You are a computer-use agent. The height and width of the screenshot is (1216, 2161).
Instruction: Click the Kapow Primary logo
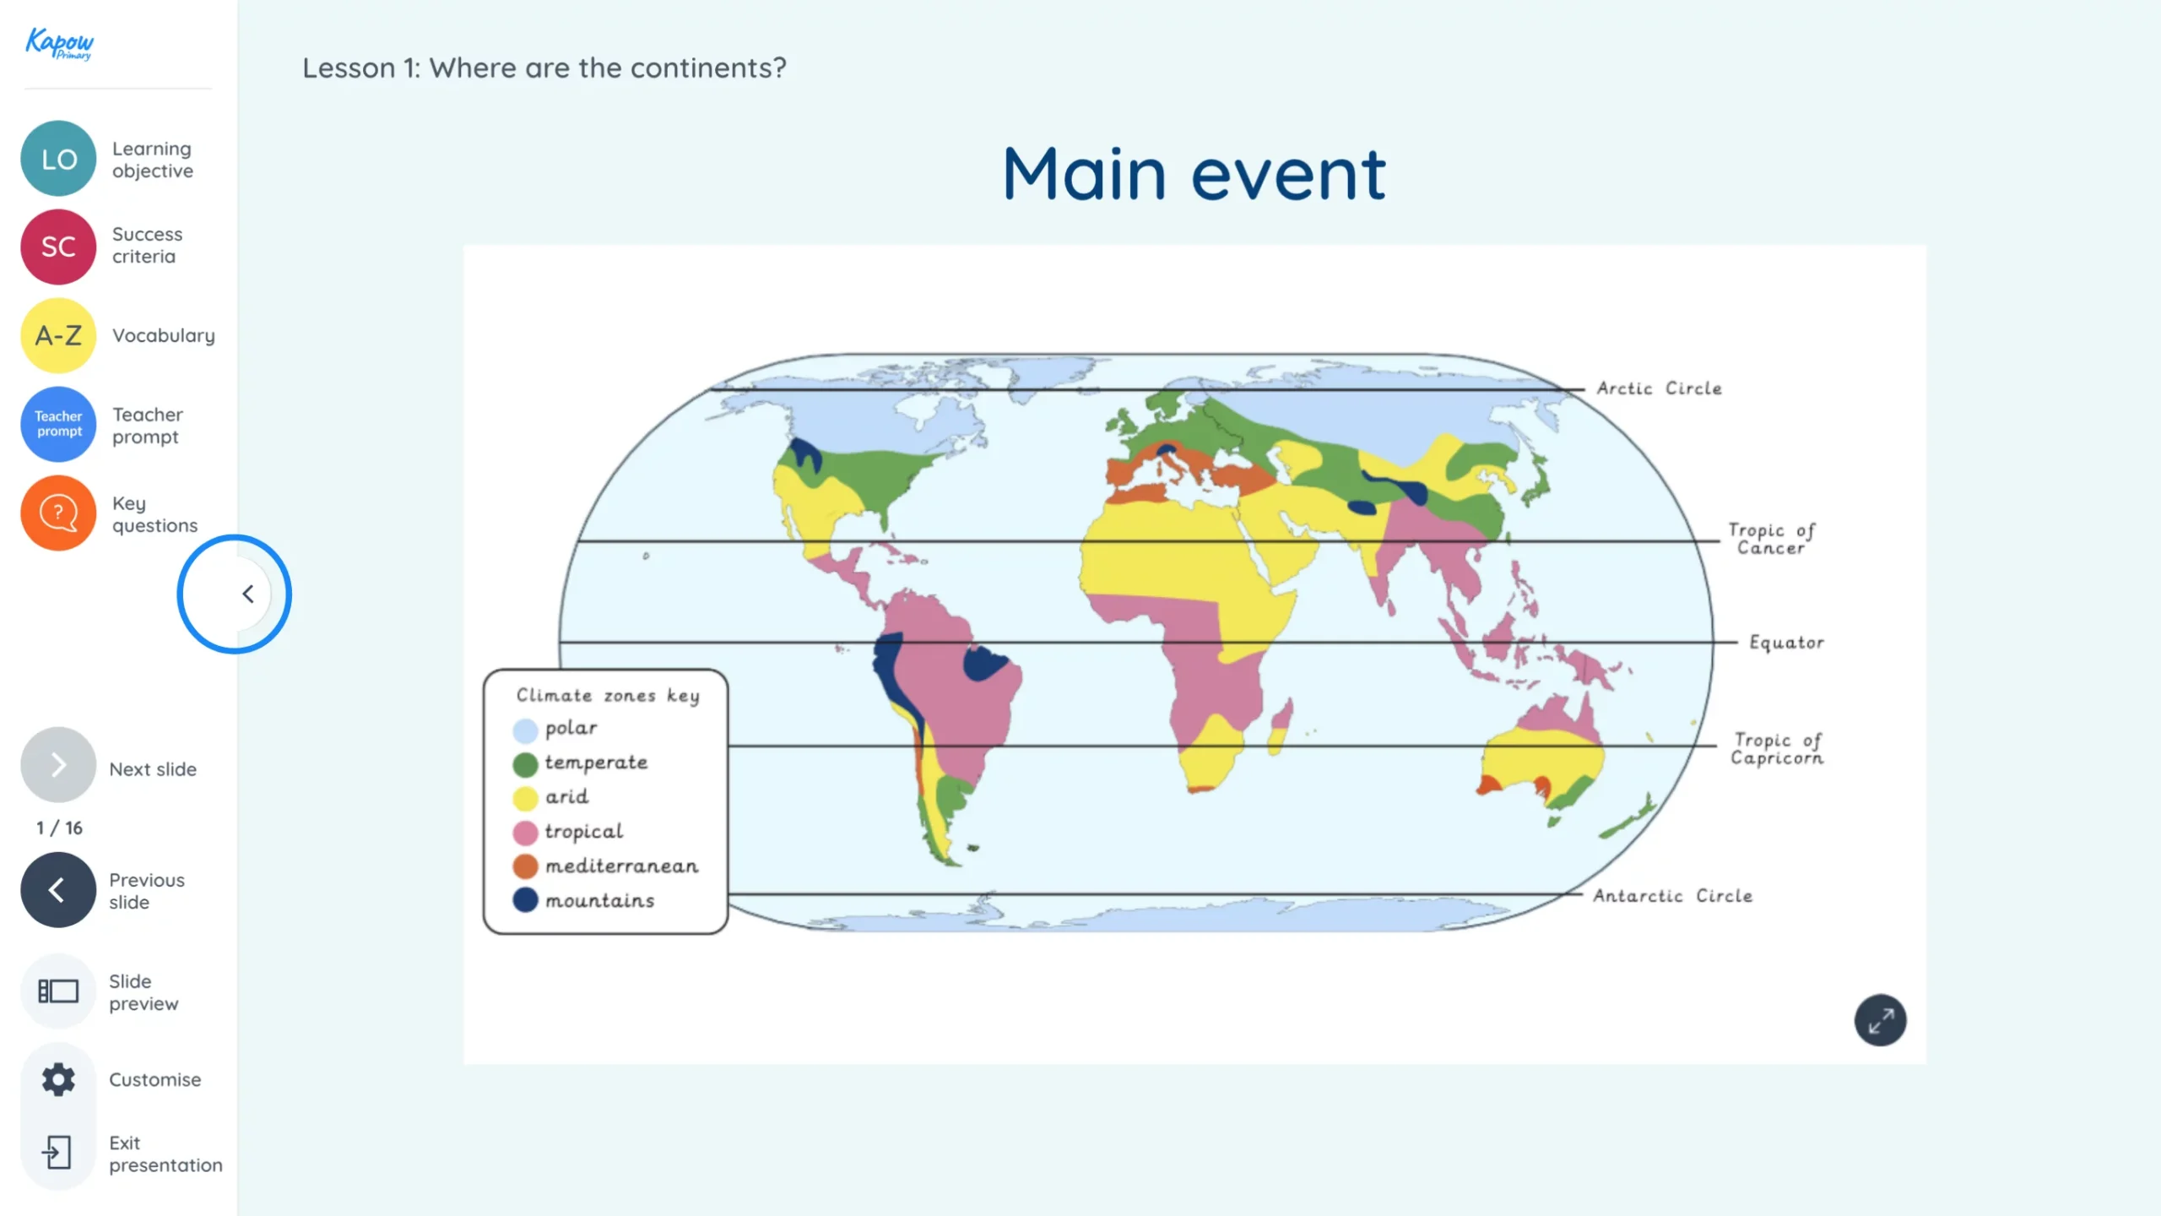point(59,43)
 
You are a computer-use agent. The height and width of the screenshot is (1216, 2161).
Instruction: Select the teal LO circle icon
point(58,159)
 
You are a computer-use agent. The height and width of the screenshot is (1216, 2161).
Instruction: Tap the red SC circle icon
point(58,247)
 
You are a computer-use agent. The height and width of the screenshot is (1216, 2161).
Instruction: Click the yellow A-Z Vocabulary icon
point(58,335)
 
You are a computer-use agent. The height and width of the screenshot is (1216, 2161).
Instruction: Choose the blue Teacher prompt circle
point(58,424)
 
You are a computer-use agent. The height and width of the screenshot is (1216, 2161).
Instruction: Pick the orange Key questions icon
point(58,513)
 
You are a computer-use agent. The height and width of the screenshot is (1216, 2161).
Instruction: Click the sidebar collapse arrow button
point(247,594)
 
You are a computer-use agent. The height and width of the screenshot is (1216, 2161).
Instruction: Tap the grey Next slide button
point(58,765)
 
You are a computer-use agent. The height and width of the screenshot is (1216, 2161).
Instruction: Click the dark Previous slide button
point(58,890)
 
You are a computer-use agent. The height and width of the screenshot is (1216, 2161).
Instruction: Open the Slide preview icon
point(58,991)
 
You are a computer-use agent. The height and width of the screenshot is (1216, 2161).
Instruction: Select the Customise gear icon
point(58,1079)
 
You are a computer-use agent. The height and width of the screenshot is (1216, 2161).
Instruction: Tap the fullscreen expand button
point(1880,1021)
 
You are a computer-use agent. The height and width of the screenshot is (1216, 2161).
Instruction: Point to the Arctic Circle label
point(1659,388)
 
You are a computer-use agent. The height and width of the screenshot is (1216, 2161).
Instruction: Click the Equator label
point(1786,643)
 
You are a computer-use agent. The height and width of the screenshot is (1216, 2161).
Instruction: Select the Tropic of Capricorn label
point(1777,749)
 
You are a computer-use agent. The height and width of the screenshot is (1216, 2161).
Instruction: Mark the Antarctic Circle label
point(1672,896)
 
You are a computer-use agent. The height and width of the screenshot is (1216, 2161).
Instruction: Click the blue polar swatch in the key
point(525,730)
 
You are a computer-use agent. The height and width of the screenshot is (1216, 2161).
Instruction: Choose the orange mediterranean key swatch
point(525,866)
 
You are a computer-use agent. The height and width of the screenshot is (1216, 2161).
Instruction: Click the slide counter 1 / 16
point(59,828)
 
